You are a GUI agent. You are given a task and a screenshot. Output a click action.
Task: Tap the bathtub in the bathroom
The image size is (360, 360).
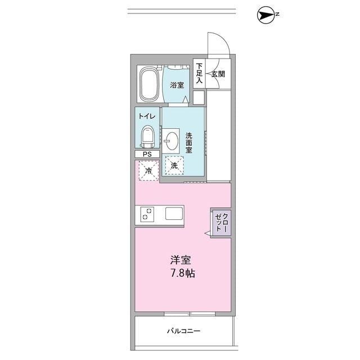(x=150, y=85)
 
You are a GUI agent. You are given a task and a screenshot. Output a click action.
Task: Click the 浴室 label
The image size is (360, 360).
(x=177, y=85)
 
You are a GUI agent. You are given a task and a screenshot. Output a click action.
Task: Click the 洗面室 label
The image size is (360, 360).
(x=189, y=143)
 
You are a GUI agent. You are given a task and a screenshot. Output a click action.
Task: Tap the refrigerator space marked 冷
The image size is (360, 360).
(x=148, y=170)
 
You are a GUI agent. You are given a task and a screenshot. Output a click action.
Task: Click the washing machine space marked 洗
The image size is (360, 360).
(x=174, y=166)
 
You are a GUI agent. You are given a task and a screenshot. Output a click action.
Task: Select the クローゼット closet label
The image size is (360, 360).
(x=221, y=223)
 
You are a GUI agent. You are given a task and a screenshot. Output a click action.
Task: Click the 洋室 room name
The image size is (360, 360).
(x=181, y=262)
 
